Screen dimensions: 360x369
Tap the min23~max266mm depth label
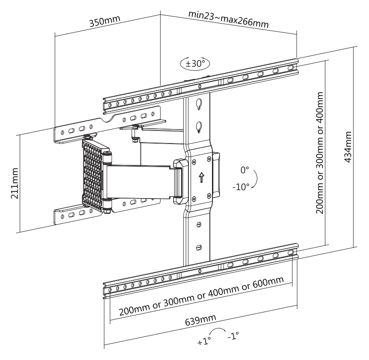pyautogui.click(x=228, y=19)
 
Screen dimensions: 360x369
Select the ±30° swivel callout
pyautogui.click(x=195, y=63)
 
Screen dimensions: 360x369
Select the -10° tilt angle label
pyautogui.click(x=241, y=187)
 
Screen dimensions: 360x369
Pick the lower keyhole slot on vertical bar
pyautogui.click(x=199, y=126)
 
